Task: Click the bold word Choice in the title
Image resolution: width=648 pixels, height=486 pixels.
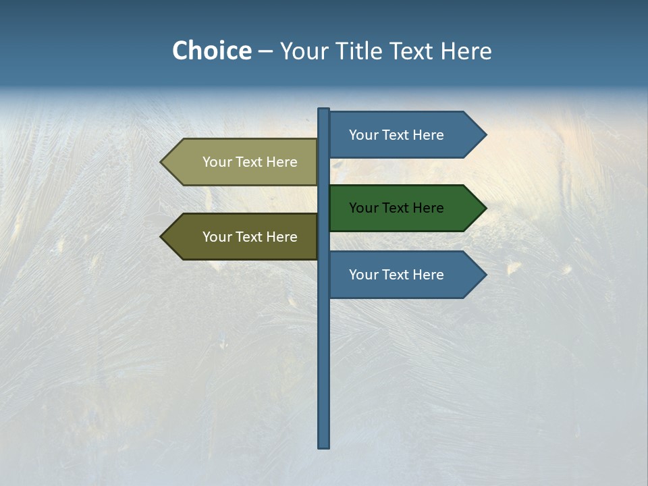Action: click(211, 51)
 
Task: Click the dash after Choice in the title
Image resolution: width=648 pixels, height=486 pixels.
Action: click(265, 51)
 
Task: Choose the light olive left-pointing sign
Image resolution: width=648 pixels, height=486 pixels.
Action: click(243, 162)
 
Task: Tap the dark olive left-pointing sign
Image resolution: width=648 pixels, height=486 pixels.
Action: click(243, 237)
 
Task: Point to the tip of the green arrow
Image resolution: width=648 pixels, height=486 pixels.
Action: click(485, 208)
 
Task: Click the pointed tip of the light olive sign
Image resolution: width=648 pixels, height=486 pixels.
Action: click(162, 162)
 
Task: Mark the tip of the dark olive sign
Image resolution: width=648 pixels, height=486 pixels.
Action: click(162, 237)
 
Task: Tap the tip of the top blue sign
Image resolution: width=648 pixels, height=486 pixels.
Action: click(485, 135)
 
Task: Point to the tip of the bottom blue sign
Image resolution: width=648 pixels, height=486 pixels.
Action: click(485, 275)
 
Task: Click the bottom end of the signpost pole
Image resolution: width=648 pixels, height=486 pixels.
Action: click(324, 446)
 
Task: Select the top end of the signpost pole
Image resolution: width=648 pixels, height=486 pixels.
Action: click(324, 110)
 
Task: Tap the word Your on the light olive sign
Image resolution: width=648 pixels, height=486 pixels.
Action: click(217, 162)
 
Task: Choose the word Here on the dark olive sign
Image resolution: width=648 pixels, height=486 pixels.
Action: click(281, 237)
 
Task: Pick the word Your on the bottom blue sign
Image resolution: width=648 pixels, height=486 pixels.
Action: click(363, 275)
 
